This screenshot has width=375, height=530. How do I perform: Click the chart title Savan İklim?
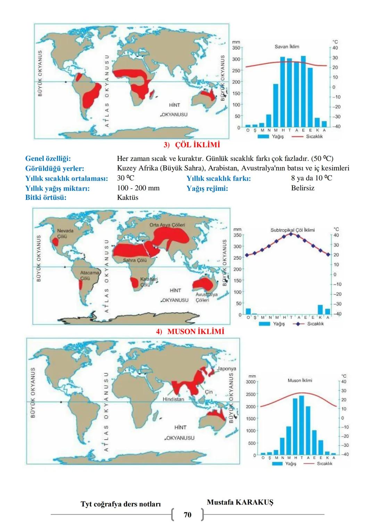click(x=286, y=47)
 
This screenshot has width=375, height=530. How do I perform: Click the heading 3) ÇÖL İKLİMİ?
click(x=192, y=144)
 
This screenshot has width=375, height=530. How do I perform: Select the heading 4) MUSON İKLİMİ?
click(x=190, y=331)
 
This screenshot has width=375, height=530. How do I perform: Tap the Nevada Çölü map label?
click(x=65, y=233)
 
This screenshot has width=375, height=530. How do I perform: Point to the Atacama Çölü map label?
click(x=89, y=275)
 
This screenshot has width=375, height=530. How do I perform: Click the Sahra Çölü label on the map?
click(x=135, y=260)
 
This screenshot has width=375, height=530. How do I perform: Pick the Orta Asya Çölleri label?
click(x=167, y=225)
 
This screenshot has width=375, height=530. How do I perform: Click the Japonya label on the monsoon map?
click(x=226, y=369)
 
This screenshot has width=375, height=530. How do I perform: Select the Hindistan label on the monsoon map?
click(x=173, y=399)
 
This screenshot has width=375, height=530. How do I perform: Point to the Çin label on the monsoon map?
click(x=208, y=392)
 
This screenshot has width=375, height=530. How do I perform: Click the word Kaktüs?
click(x=128, y=198)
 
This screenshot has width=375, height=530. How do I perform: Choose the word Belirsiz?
click(x=303, y=188)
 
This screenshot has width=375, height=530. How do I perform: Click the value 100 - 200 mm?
click(x=139, y=188)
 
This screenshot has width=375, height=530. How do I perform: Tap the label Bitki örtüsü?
click(x=46, y=198)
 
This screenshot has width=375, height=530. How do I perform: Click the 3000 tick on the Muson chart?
click(x=251, y=382)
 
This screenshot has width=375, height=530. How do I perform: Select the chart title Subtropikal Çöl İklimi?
click(x=292, y=230)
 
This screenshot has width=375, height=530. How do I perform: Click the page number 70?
click(x=187, y=515)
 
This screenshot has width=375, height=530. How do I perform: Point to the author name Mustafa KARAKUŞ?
click(x=240, y=502)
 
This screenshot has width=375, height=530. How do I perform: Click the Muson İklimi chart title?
click(x=300, y=380)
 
